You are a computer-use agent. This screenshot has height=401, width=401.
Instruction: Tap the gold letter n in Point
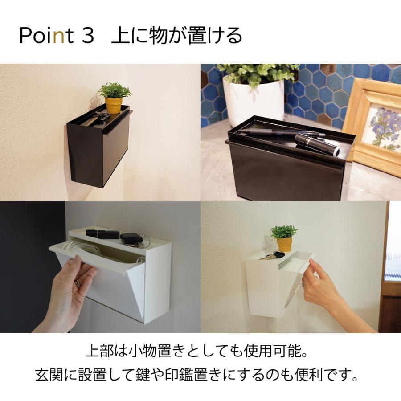click(57, 37)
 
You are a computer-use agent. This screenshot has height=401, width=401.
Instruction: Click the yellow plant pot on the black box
click(114, 105)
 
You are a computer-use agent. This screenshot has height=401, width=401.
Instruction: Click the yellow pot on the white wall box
click(284, 244)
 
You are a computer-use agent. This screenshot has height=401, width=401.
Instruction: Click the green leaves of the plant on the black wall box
click(115, 90)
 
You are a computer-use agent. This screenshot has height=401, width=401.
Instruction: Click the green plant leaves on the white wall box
click(284, 231)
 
